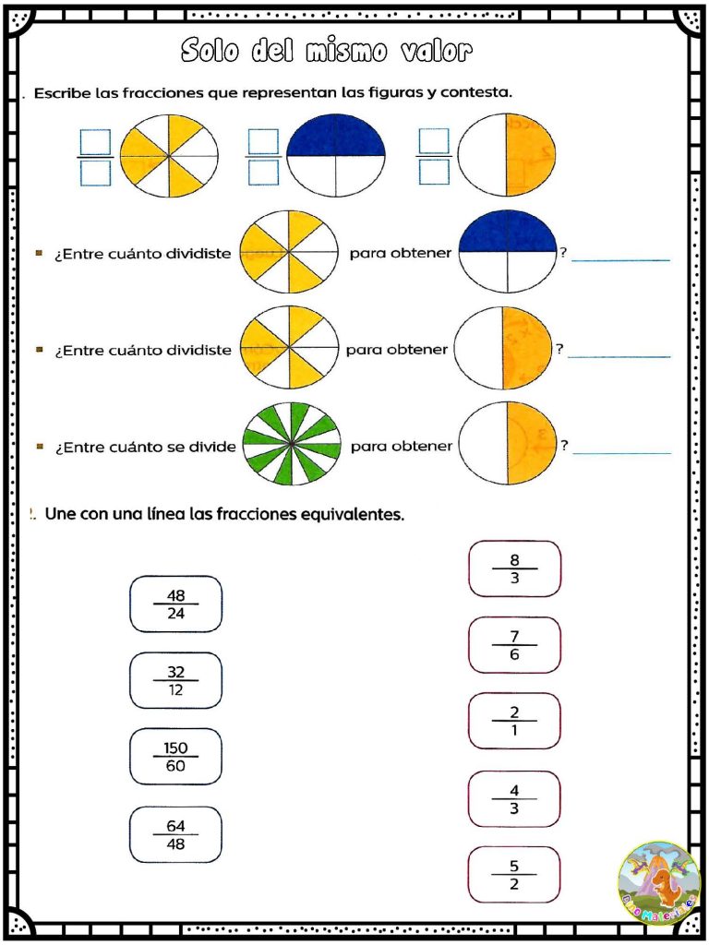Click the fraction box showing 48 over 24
pyautogui.click(x=175, y=604)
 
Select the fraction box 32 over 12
pyautogui.click(x=175, y=681)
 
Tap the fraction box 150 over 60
pyautogui.click(x=175, y=757)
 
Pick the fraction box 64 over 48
pyautogui.click(x=175, y=835)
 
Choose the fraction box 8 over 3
pyautogui.click(x=514, y=569)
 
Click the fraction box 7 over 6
pyautogui.click(x=514, y=645)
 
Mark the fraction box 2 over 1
pyautogui.click(x=514, y=721)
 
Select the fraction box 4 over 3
pyautogui.click(x=514, y=799)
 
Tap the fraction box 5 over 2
pyautogui.click(x=514, y=875)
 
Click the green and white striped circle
pyautogui.click(x=291, y=446)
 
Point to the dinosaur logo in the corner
pyautogui.click(x=659, y=883)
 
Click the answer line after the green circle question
pyautogui.click(x=621, y=452)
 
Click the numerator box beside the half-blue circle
pyautogui.click(x=263, y=140)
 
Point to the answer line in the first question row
pyautogui.click(x=620, y=260)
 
